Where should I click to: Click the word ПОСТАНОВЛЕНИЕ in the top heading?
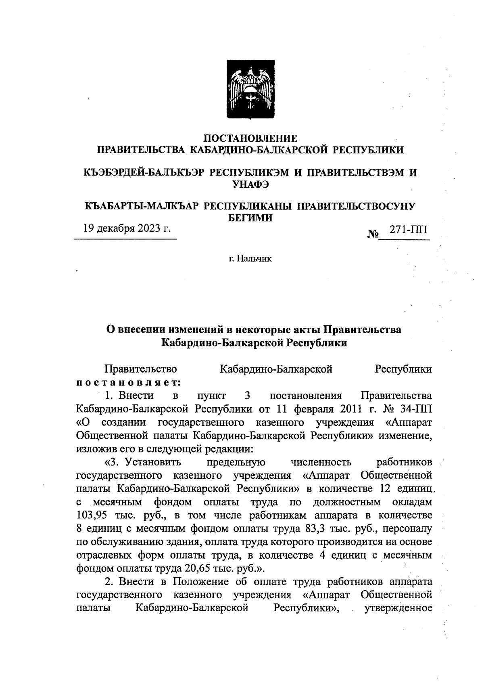tap(250, 138)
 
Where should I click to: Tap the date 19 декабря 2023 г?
tap(127, 228)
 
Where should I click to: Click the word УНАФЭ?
tap(250, 184)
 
